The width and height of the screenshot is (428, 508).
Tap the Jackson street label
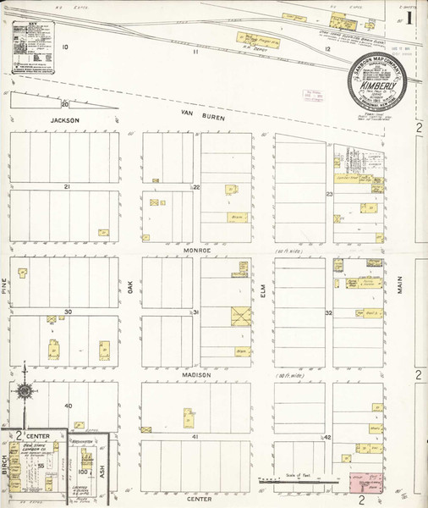(64, 121)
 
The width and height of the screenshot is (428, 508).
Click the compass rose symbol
(26, 390)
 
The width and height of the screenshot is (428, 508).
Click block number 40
(69, 406)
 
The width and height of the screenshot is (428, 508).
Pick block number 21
(65, 186)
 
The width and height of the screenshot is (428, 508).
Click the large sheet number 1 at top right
(409, 17)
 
